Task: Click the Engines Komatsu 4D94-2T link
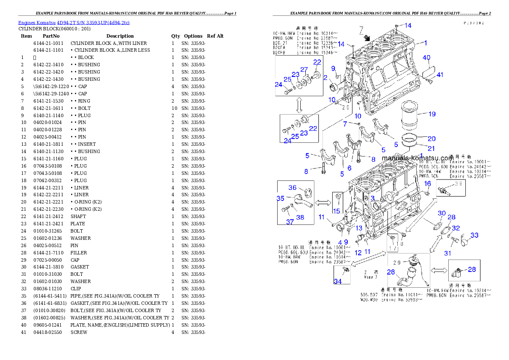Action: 74,22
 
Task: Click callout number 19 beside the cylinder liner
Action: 432,114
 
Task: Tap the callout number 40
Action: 426,58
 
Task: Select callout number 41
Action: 440,75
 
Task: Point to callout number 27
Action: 304,70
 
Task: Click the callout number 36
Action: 292,188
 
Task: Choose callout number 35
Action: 280,198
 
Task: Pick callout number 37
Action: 290,222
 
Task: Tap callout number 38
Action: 300,217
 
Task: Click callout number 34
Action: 337,281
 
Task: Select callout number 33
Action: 474,235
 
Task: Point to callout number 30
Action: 441,213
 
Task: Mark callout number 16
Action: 427,183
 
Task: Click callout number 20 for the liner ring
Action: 432,139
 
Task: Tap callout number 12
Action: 358,253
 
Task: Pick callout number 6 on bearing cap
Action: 349,168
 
